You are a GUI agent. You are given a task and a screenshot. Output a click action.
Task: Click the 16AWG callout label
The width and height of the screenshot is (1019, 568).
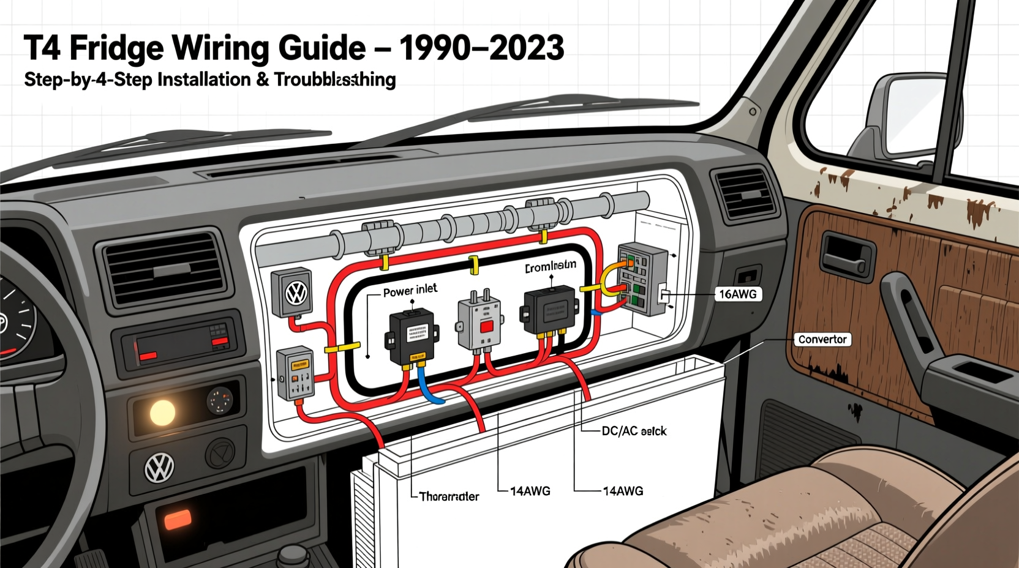737,294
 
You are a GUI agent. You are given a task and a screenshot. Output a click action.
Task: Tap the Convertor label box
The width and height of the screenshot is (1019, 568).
822,340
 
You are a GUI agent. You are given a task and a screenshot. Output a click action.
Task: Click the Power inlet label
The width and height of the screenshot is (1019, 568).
410,290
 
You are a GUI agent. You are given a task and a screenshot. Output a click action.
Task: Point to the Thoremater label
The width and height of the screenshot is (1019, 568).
449,496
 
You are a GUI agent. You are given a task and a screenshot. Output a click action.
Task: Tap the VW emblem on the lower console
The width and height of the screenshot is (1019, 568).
159,468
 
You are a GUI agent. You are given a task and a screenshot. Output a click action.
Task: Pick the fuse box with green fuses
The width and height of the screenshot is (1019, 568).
642,278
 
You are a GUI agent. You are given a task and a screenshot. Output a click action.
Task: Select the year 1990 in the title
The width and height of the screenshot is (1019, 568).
437,48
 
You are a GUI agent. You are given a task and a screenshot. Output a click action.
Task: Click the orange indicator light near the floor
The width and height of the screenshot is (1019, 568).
178,520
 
